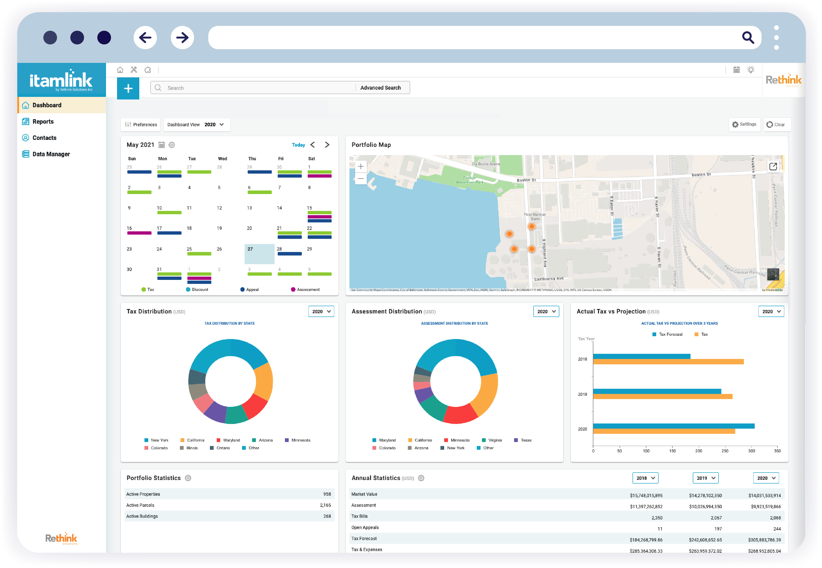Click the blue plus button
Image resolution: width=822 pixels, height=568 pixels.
tap(128, 88)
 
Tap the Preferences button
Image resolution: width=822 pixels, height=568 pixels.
tap(141, 125)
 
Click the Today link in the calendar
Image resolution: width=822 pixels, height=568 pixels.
tap(298, 145)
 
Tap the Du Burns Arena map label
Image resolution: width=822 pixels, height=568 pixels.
tap(485, 164)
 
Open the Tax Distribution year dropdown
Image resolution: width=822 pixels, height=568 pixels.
tap(321, 311)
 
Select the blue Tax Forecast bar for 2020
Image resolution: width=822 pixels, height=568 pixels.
tap(673, 426)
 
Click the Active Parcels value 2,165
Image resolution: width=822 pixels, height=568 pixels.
tap(325, 505)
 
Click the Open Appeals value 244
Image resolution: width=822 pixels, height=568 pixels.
tap(777, 529)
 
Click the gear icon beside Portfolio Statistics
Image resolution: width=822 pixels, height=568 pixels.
tap(188, 478)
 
